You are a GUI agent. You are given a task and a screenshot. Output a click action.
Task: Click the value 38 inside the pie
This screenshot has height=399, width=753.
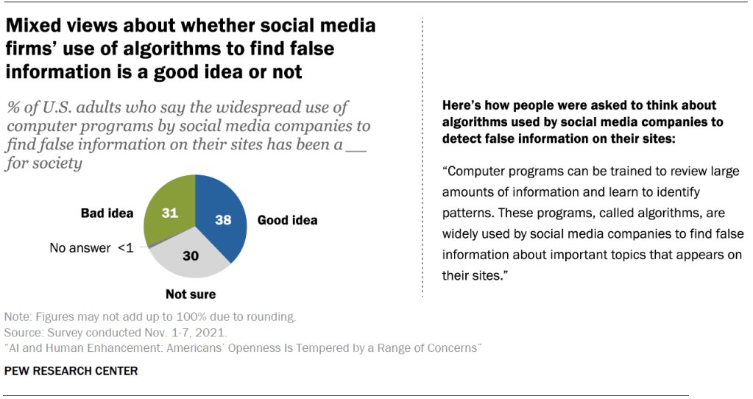coord(222,219)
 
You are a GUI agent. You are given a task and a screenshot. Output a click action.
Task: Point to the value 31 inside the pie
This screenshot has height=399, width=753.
coord(171,213)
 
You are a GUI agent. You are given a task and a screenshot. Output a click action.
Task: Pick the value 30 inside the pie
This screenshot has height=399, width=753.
coord(191,257)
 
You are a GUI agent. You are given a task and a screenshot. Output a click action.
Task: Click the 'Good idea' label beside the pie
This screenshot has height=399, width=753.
coord(287,219)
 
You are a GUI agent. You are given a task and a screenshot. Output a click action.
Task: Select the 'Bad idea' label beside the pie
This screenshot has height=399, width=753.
coord(107,213)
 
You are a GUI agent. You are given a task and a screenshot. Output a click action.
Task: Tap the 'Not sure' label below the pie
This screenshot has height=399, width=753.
coord(191,294)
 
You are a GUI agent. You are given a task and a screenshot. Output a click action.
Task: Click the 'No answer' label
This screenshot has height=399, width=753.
coord(79,247)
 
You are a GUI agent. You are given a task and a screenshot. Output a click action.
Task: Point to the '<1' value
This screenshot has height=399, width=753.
coord(125,247)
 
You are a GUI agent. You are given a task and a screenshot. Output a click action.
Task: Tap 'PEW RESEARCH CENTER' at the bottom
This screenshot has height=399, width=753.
coord(71,371)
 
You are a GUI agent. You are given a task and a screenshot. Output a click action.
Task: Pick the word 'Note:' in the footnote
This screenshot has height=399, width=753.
coord(18,317)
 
